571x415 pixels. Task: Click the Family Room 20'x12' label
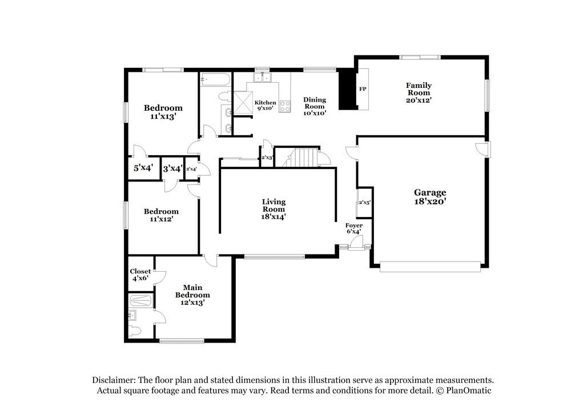tap(419, 92)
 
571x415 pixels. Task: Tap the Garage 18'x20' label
tap(430, 197)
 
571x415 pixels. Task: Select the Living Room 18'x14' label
tap(274, 209)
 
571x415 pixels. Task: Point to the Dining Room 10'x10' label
tap(314, 106)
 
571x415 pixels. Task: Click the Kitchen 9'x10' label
tap(265, 105)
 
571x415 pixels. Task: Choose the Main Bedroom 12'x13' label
tap(192, 295)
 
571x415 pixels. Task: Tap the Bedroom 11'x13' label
tap(163, 111)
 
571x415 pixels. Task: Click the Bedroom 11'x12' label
tap(161, 215)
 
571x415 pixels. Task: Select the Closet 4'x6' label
tap(140, 275)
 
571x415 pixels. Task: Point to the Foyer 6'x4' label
tap(354, 228)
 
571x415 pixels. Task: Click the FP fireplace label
tap(362, 90)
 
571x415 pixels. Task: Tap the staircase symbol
tap(301, 157)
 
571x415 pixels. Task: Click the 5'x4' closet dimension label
tap(143, 168)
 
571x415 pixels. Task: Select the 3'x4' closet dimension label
tap(172, 168)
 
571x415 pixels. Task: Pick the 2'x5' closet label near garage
tap(364, 203)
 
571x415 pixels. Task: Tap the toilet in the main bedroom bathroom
tap(135, 331)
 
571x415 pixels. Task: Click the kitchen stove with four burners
tap(284, 106)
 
